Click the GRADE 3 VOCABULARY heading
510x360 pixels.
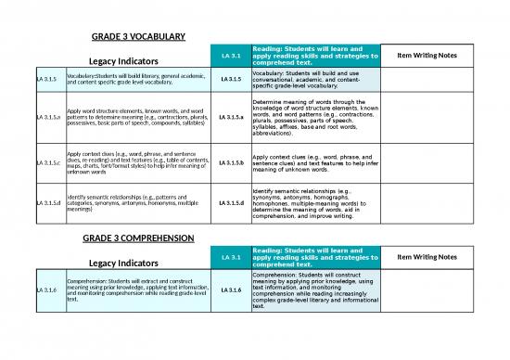pyautogui.click(x=138, y=37)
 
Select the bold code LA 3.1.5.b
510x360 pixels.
pyautogui.click(x=231, y=163)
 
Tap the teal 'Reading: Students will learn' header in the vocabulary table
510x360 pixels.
pyautogui.click(x=315, y=55)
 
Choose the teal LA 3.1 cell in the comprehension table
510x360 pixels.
pyautogui.click(x=231, y=257)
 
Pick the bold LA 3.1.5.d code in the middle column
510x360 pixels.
pyautogui.click(x=231, y=203)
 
